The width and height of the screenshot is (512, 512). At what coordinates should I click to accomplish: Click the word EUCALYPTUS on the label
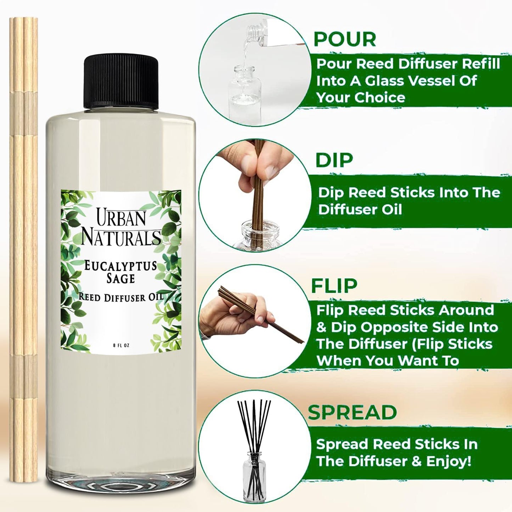point(120,265)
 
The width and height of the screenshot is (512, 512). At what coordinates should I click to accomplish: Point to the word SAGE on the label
point(121,278)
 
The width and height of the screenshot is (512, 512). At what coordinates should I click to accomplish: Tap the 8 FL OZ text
point(121,345)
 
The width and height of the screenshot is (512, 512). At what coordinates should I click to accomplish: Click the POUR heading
point(345,39)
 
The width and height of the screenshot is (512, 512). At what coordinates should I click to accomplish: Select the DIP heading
point(334,161)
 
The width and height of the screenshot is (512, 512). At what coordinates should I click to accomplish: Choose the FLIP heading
point(334,286)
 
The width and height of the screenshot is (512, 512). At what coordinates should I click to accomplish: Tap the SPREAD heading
point(352,412)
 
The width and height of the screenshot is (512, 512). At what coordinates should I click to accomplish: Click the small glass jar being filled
point(245,92)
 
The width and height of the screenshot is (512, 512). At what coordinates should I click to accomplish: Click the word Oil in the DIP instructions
point(392,209)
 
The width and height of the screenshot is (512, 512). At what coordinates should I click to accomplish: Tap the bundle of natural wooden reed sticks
point(24,248)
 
